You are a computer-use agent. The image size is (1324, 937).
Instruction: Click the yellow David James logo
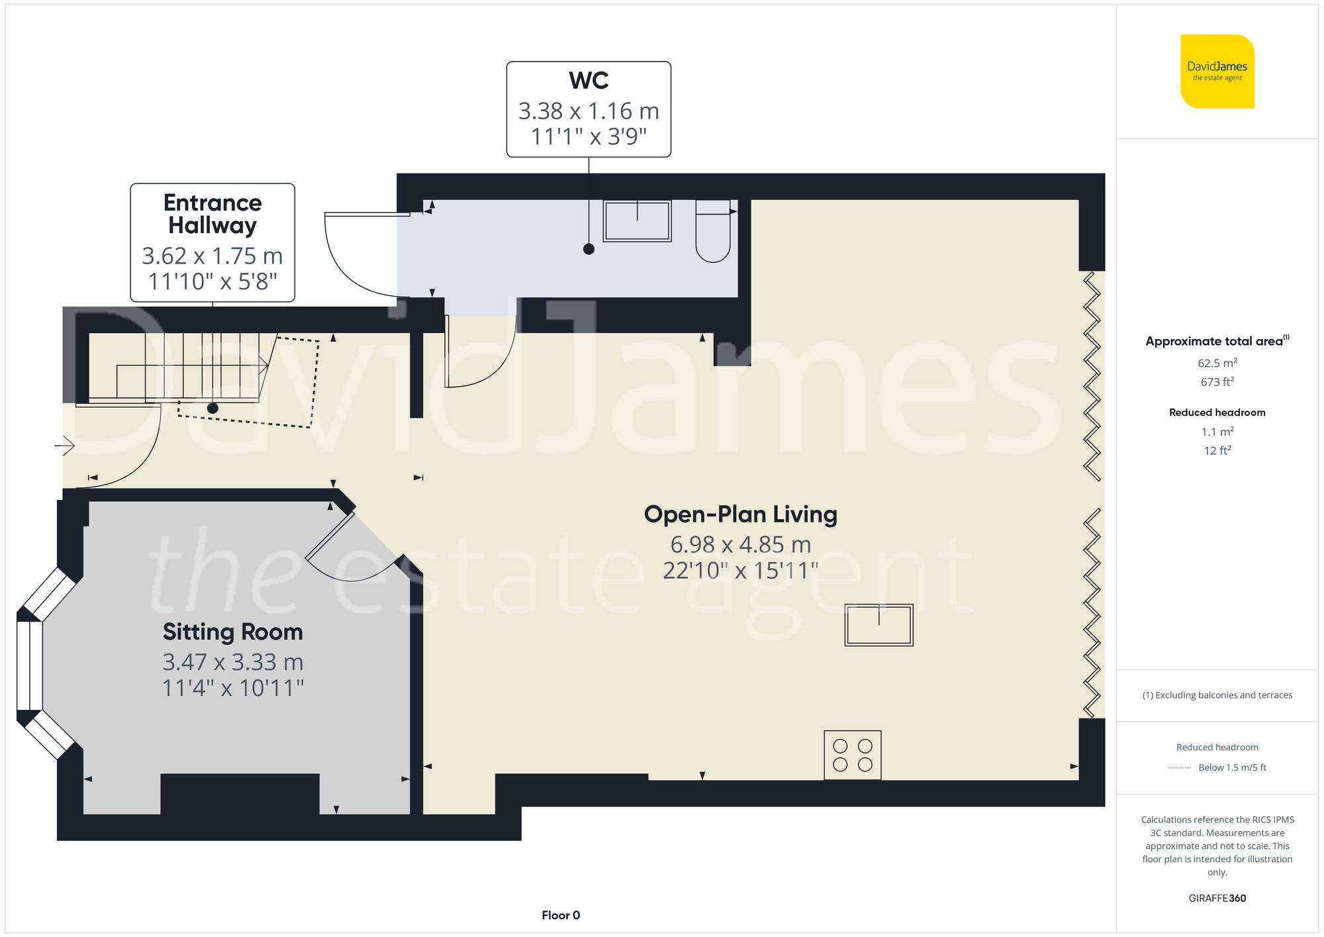[x=1217, y=72]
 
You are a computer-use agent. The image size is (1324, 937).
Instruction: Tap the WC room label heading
[x=589, y=81]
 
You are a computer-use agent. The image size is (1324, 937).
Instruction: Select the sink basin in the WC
[x=637, y=221]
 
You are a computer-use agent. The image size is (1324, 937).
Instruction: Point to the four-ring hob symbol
[x=853, y=755]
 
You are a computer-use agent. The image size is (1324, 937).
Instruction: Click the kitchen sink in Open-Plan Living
[x=878, y=624]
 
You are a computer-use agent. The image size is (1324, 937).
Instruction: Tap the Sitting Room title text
[x=232, y=632]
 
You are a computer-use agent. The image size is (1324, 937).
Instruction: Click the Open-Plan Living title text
[x=740, y=515]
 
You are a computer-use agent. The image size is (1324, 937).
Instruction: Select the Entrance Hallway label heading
[x=213, y=214]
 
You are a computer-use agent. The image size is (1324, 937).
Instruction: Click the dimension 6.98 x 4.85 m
[x=740, y=544]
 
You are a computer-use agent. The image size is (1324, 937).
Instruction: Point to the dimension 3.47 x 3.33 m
[x=232, y=662]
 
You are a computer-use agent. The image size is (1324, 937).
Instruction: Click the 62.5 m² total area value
[x=1217, y=363]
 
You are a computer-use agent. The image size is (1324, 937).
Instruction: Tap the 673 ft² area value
[x=1217, y=382]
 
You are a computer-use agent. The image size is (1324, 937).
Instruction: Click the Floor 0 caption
[x=560, y=915]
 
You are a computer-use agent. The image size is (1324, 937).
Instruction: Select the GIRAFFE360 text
[x=1217, y=898]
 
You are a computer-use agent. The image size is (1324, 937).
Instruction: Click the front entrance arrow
[x=65, y=446]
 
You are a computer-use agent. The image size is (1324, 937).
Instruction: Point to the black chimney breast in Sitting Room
[x=240, y=793]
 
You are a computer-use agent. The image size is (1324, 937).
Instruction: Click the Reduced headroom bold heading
[x=1217, y=413]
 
